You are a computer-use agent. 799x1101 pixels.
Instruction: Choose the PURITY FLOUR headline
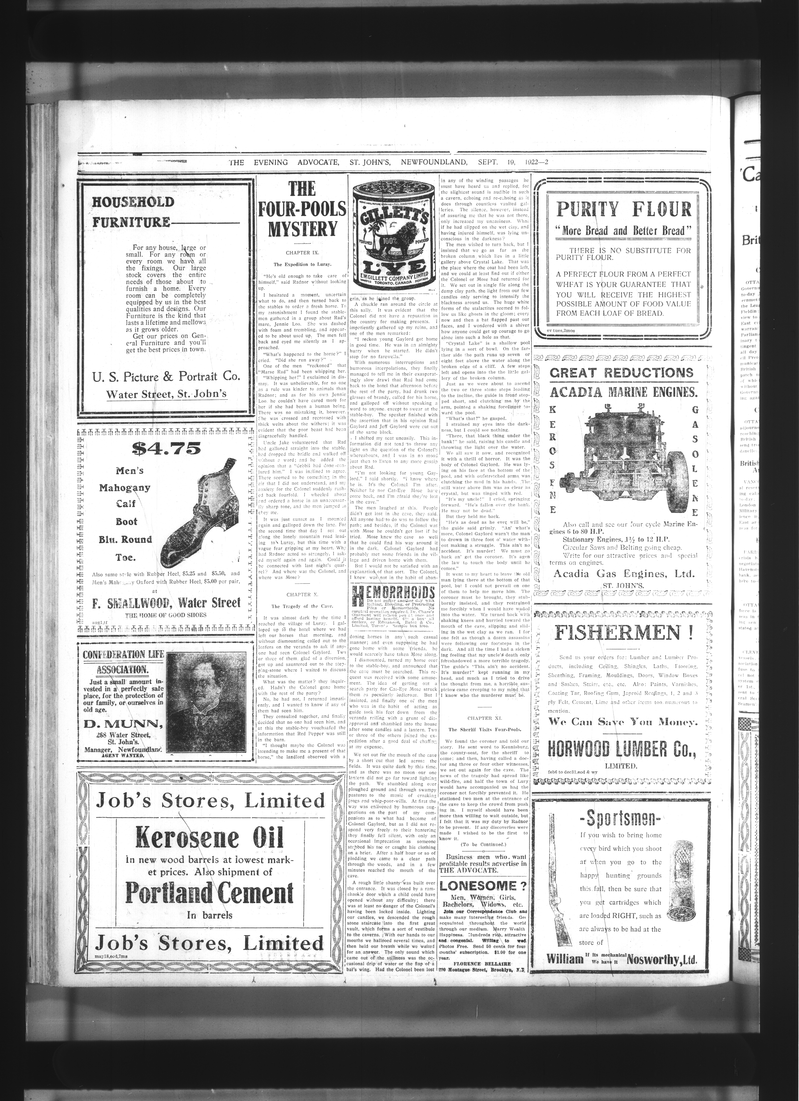click(624, 210)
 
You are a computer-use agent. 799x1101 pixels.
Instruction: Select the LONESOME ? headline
click(484, 886)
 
